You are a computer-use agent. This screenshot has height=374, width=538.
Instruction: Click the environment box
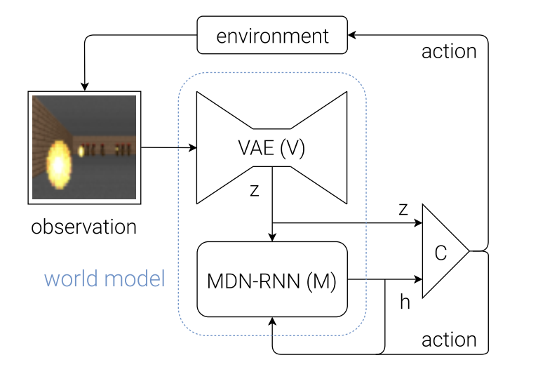coord(272,35)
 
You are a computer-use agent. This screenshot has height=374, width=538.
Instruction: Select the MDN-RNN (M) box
coord(272,279)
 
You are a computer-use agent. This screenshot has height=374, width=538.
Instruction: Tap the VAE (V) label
coord(271,148)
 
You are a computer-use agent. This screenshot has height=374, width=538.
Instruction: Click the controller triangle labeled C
coord(445,251)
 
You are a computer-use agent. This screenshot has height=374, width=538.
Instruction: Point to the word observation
coord(83,227)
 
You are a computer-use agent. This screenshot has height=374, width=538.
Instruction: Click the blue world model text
coord(105,279)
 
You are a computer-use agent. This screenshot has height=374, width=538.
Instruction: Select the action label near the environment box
coord(449,51)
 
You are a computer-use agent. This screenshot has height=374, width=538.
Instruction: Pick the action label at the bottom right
coord(449,340)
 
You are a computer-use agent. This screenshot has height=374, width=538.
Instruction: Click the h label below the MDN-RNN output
coord(405,302)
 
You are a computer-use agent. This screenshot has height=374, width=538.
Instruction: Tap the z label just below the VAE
coord(254,190)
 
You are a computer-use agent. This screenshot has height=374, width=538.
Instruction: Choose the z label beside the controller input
coord(403,209)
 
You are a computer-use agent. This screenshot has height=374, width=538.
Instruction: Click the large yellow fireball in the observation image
coord(59,165)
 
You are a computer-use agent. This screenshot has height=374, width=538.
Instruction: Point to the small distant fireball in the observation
coord(81,151)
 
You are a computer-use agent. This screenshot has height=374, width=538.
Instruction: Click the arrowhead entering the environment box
coord(352,34)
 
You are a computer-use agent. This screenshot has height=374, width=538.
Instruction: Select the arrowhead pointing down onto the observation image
coord(85,86)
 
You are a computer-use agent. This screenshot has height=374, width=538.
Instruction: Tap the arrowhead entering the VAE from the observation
coord(193,148)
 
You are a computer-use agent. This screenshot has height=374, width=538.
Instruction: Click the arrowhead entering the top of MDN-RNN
coord(272,237)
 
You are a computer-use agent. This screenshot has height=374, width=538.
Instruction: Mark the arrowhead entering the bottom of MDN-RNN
coord(272,321)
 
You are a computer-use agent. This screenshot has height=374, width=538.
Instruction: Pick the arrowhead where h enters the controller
coord(418,279)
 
